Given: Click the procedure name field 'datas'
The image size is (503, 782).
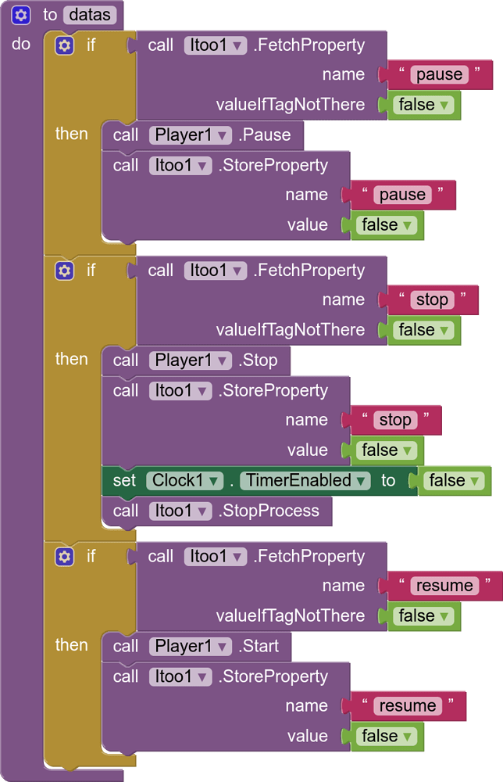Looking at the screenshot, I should click(x=91, y=14).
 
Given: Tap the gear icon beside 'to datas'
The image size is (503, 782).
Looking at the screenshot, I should click(x=21, y=14).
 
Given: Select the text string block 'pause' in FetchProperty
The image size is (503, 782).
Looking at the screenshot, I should click(x=439, y=74).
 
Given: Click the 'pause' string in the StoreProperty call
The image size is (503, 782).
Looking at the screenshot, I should click(x=402, y=195).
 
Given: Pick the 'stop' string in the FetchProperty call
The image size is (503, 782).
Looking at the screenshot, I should click(x=431, y=300).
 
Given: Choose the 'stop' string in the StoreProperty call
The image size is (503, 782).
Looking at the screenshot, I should click(x=394, y=420).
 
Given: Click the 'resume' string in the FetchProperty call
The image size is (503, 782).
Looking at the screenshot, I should click(x=444, y=586).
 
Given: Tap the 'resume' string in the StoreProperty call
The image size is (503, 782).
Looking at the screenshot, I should click(x=407, y=706).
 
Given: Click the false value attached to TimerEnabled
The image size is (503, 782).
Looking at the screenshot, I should click(x=452, y=481).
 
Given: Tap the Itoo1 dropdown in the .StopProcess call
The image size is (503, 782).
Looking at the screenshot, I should click(x=180, y=511).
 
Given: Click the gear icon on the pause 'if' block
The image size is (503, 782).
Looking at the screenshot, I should click(x=65, y=45).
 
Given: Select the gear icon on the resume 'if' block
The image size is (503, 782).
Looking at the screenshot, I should click(x=65, y=557).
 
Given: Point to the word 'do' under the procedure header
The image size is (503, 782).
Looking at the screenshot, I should click(x=21, y=45).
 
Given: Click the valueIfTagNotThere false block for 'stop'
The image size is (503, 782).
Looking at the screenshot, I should click(x=423, y=330).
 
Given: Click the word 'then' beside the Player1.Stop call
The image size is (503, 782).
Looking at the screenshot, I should click(x=72, y=359).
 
